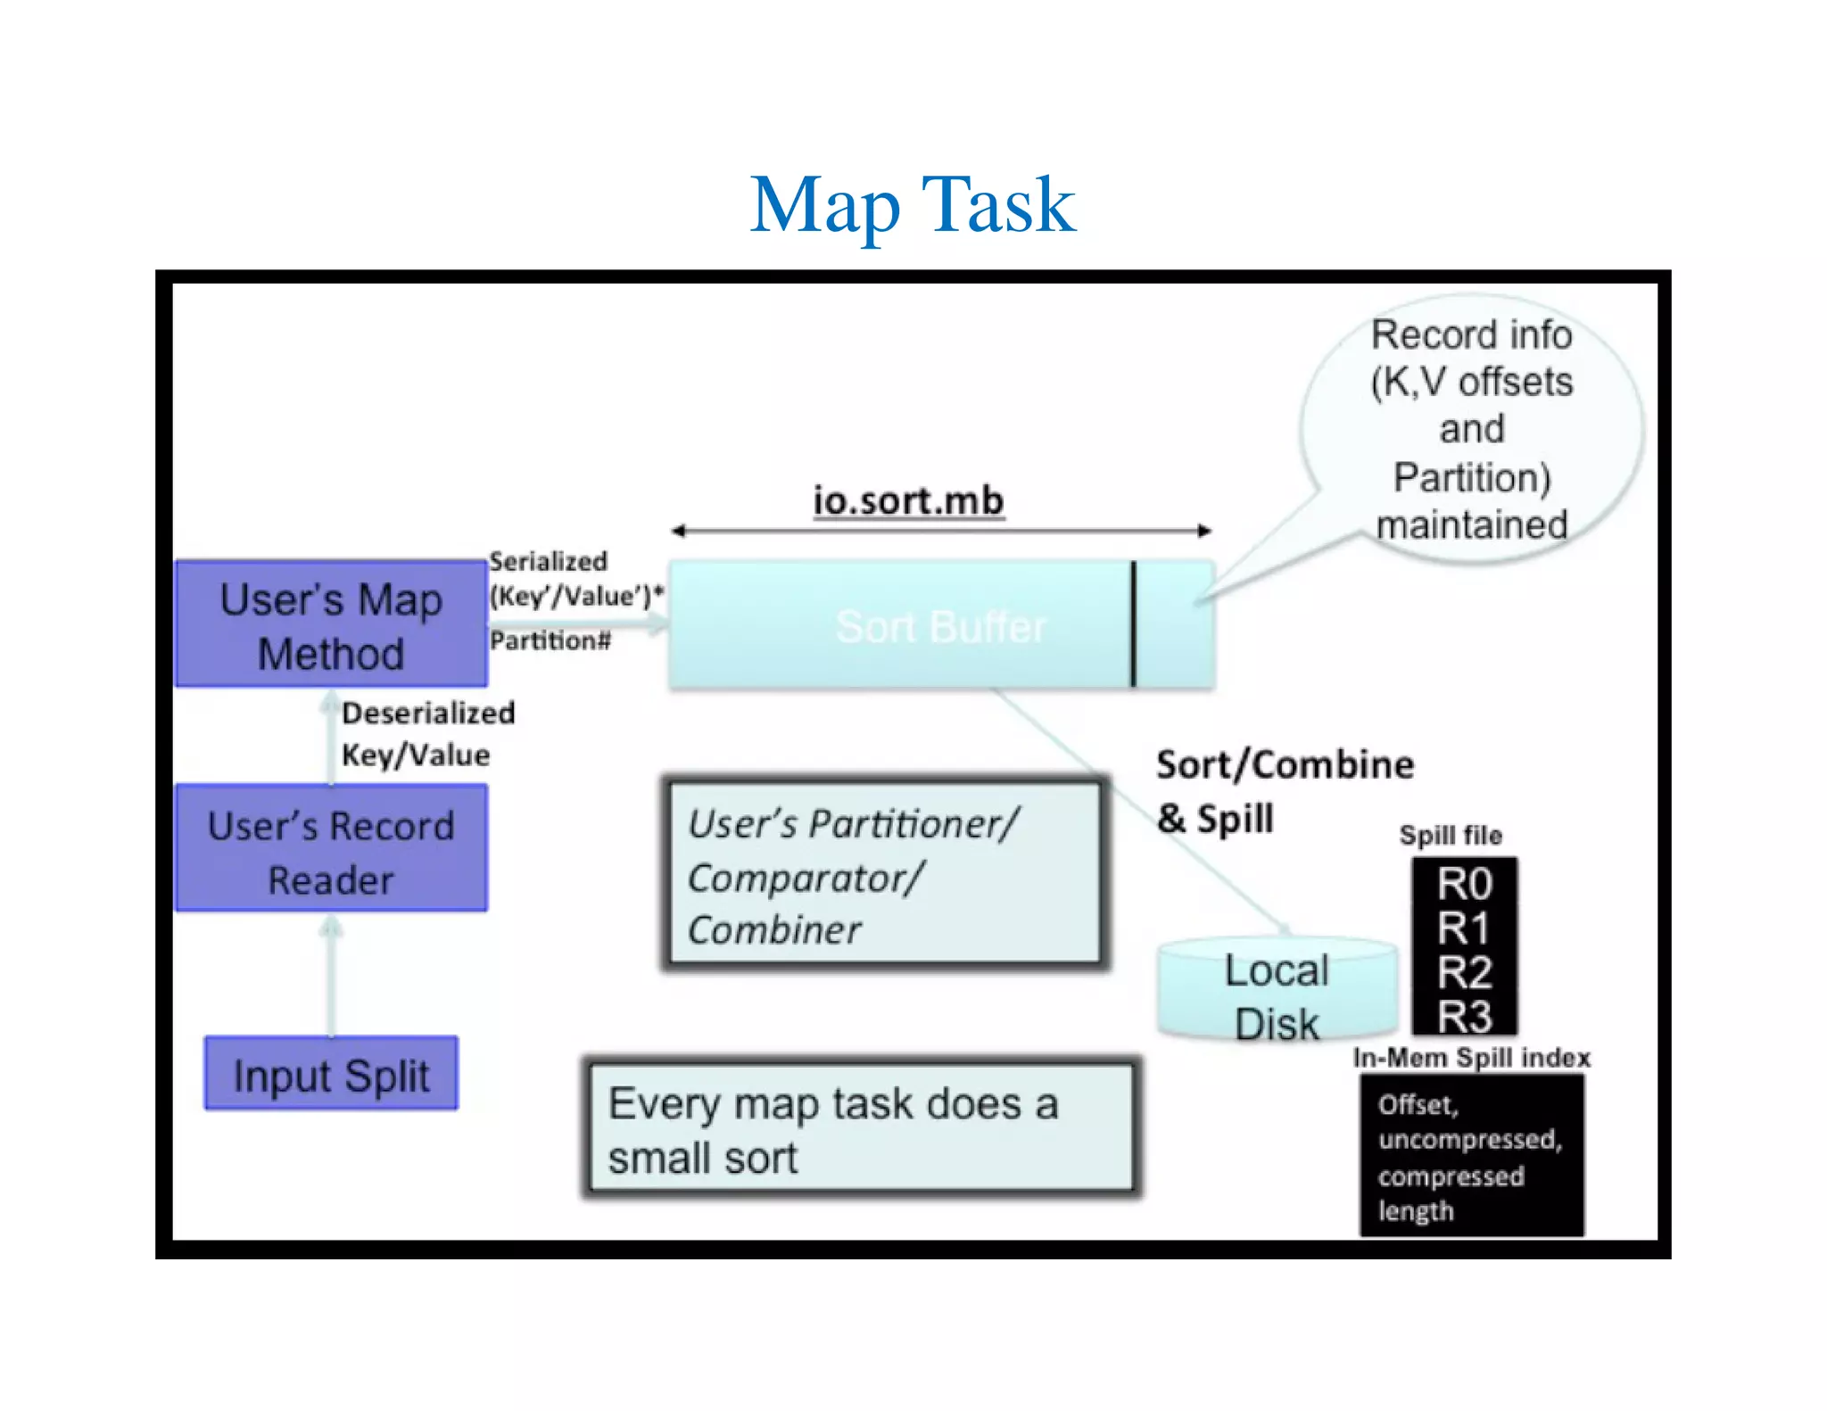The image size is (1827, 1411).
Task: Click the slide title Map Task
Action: tap(912, 206)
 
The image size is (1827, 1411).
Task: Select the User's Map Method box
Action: tap(331, 624)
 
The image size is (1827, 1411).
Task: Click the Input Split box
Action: tap(331, 1074)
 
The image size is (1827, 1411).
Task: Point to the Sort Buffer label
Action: tap(940, 627)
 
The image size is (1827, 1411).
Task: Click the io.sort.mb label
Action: tap(908, 500)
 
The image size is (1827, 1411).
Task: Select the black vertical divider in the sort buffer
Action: tap(1133, 624)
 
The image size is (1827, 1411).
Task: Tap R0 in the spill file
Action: tap(1464, 884)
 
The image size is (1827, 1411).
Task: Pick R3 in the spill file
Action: tap(1464, 1016)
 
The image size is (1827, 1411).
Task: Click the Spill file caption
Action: tap(1451, 836)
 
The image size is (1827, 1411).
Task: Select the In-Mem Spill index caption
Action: tap(1472, 1058)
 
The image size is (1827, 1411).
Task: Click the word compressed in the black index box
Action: tap(1451, 1176)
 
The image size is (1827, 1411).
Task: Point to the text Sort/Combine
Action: tap(1285, 765)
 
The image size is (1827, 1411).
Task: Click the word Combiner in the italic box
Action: tap(774, 930)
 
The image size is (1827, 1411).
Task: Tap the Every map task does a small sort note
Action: tap(861, 1129)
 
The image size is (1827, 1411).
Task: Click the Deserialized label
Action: tap(428, 713)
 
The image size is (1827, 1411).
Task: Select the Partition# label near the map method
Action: tap(550, 640)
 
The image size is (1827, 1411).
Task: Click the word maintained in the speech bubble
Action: tap(1472, 525)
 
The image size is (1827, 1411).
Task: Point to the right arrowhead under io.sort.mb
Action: tap(1204, 531)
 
